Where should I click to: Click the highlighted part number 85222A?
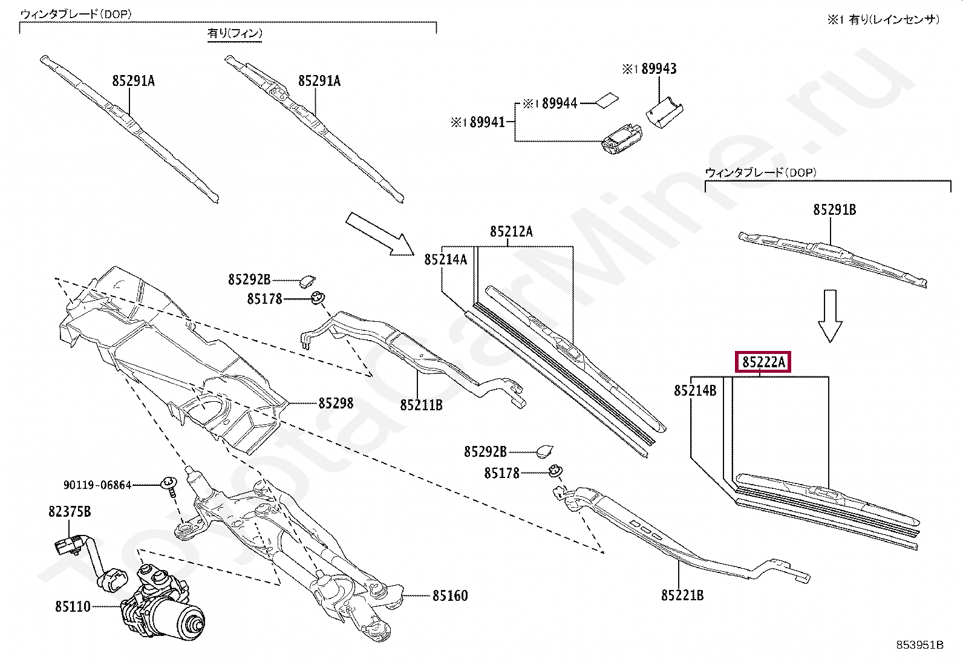(763, 362)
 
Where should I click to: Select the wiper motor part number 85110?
(73, 606)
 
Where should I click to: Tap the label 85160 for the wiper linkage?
(449, 596)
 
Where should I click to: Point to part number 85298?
(336, 403)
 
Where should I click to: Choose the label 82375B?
(70, 512)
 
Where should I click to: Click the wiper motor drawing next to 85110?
(163, 614)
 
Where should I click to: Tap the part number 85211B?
(420, 405)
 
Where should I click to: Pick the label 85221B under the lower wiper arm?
(682, 595)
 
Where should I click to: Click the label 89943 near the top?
(659, 69)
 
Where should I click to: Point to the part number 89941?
(485, 122)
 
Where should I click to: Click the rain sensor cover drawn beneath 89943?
(664, 112)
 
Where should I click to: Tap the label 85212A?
(511, 231)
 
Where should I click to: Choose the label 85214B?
(695, 391)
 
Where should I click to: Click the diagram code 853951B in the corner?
(919, 645)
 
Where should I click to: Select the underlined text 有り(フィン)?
(235, 34)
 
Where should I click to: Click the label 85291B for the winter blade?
(834, 210)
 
